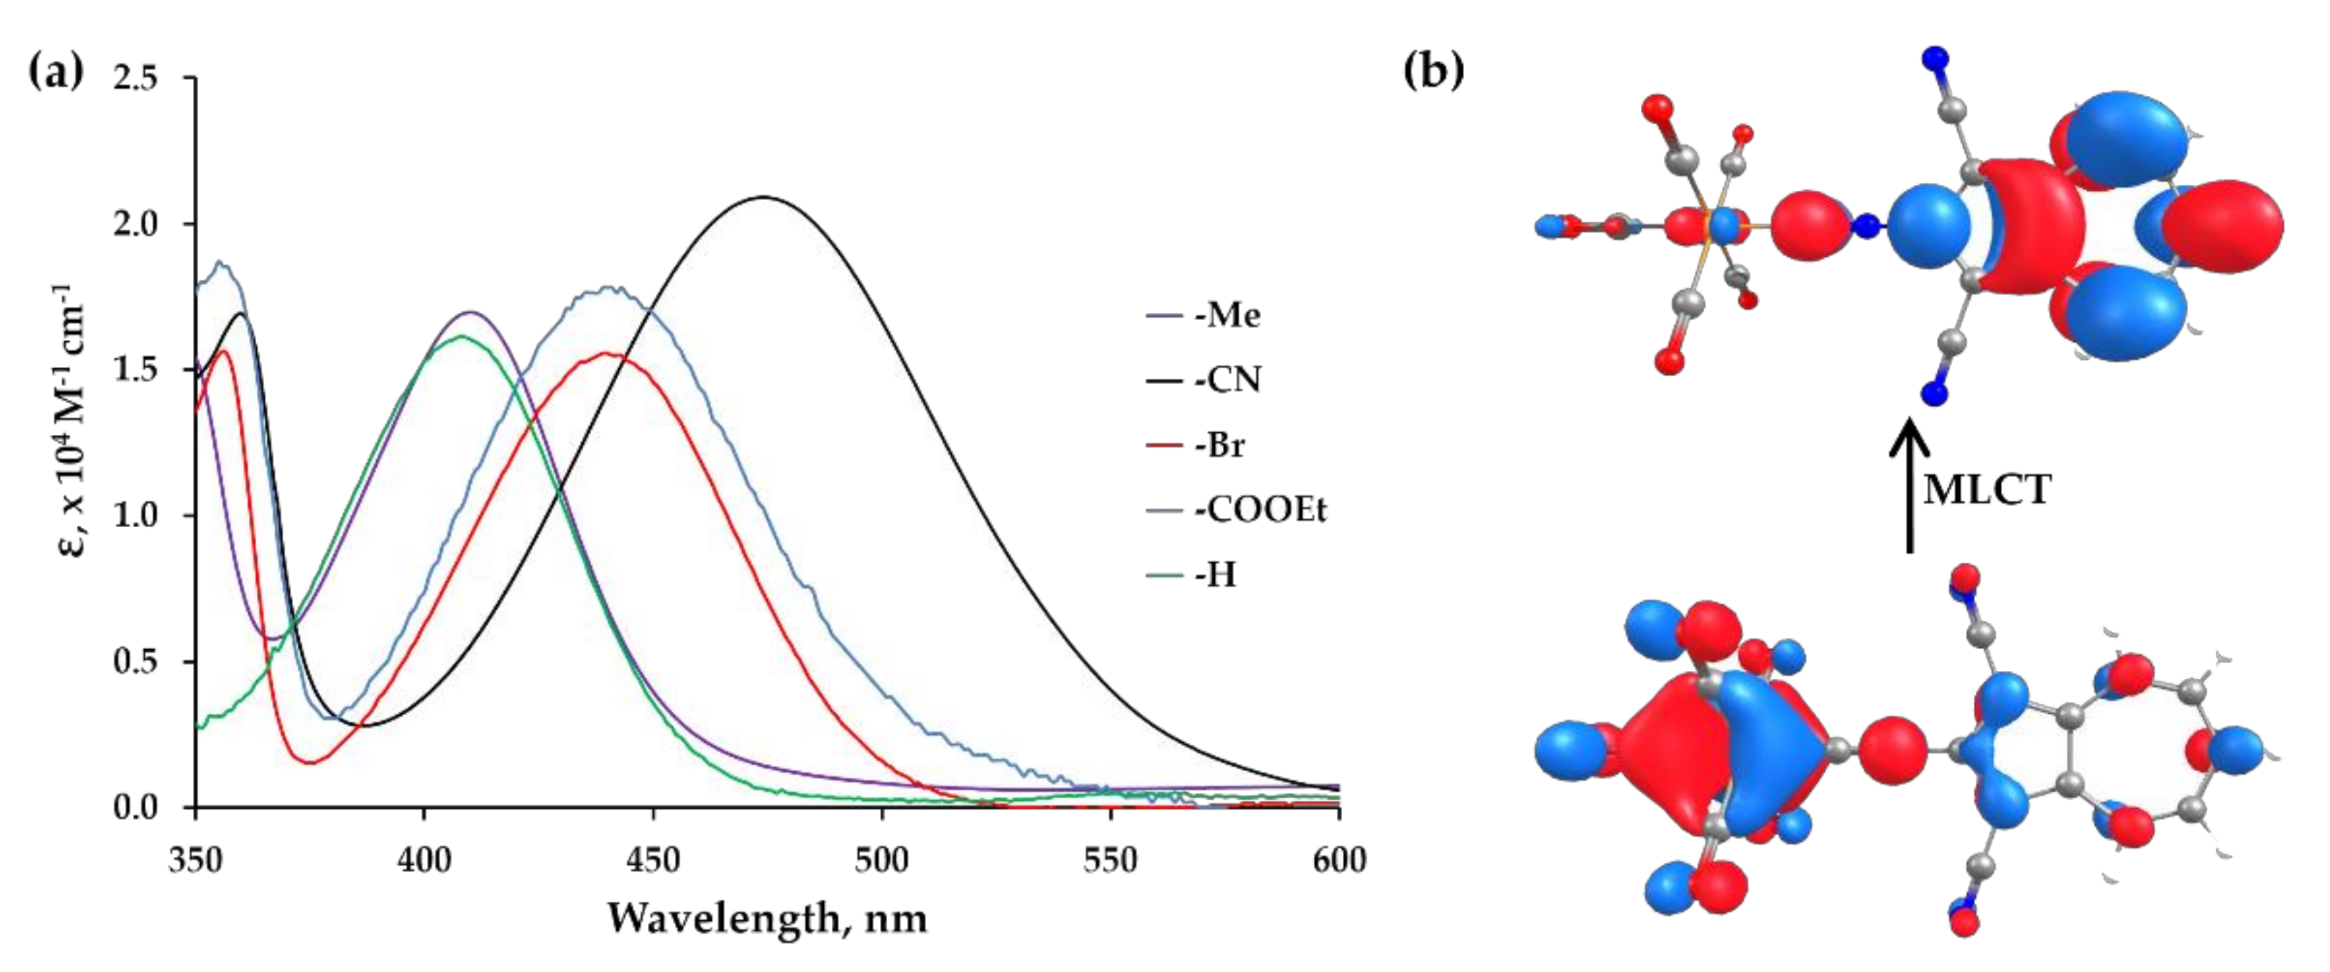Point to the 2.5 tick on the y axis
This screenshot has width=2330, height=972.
[x=136, y=79]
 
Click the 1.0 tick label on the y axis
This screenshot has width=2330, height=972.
[x=136, y=515]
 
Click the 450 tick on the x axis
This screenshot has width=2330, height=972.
[x=653, y=859]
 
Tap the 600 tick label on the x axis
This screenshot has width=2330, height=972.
[x=1339, y=859]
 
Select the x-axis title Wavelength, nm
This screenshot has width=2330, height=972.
[x=767, y=919]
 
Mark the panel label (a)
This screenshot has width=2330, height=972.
[x=56, y=70]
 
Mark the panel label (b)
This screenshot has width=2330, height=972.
[x=1433, y=70]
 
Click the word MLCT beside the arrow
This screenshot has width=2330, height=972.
[x=1986, y=490]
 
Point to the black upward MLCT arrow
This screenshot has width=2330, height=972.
[x=1909, y=488]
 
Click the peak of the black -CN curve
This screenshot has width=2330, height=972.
[x=764, y=197]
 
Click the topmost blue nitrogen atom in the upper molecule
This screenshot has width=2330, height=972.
[x=1935, y=59]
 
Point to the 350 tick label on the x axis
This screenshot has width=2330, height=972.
[x=195, y=859]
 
